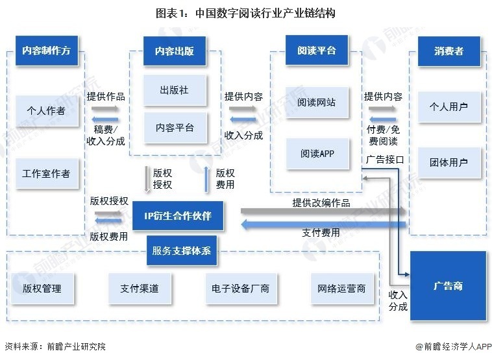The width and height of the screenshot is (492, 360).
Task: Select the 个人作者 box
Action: (45, 110)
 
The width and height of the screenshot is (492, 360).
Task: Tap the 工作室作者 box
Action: (45, 174)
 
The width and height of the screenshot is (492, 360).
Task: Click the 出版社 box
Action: (174, 90)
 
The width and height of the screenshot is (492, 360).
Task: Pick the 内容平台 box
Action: (174, 128)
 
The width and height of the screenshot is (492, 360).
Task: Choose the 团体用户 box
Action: (449, 162)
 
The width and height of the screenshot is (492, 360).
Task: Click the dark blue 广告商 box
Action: (448, 285)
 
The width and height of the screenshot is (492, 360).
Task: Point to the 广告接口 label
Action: (384, 159)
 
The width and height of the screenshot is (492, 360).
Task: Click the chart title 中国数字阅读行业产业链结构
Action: (246, 13)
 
